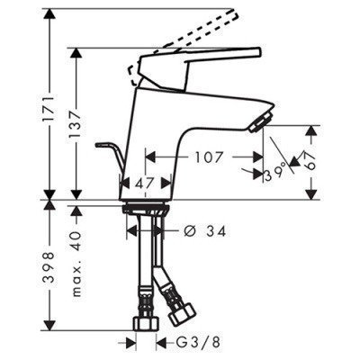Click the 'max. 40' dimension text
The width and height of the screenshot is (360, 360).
[79, 244]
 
